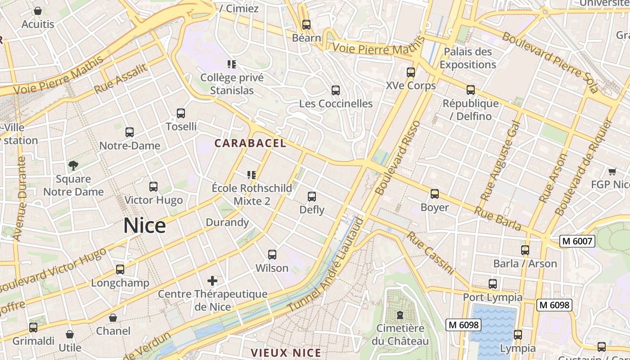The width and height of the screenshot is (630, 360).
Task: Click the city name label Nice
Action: (144, 225)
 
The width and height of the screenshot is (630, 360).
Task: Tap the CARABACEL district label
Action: (250, 143)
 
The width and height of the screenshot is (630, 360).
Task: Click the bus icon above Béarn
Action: (306, 25)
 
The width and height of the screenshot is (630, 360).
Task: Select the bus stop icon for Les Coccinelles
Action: (336, 90)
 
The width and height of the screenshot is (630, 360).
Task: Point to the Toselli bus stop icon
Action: (181, 113)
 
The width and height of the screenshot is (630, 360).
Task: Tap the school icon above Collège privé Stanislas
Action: (232, 64)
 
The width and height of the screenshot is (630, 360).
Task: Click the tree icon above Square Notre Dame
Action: (73, 166)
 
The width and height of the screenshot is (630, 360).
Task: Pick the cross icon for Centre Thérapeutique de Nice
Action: (212, 281)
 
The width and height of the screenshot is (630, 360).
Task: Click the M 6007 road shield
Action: (577, 242)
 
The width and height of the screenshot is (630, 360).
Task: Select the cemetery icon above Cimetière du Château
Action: (400, 315)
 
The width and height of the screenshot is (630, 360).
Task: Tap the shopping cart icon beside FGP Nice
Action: (612, 171)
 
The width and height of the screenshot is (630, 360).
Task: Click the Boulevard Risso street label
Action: (398, 157)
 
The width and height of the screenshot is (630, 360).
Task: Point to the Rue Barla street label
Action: (498, 219)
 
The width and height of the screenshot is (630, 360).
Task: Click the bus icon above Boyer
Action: (435, 194)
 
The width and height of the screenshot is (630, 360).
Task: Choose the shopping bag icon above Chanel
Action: (113, 318)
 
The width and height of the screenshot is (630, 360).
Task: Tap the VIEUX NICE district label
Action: (286, 353)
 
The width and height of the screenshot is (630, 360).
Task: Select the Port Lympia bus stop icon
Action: (493, 284)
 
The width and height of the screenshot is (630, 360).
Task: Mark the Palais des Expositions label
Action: (468, 58)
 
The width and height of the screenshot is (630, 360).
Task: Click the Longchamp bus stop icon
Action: (120, 270)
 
